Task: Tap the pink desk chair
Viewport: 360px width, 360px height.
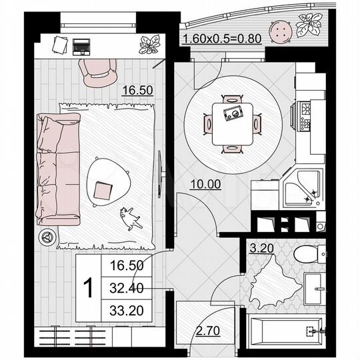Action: tap(98, 71)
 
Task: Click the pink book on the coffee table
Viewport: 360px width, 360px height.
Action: tap(104, 190)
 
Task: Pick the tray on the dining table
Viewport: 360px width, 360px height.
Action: tap(234, 114)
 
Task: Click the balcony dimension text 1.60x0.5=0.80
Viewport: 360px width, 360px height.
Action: tap(221, 39)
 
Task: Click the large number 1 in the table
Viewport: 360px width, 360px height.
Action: tap(87, 288)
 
